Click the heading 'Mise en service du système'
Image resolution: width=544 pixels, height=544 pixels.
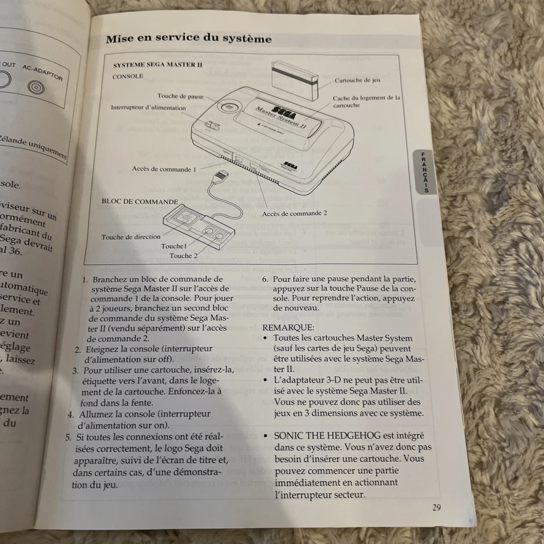click(189, 39)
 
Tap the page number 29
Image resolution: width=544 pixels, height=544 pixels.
click(436, 507)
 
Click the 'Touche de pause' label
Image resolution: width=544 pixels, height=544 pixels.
click(180, 96)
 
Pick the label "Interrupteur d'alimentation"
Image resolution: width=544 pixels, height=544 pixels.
click(148, 108)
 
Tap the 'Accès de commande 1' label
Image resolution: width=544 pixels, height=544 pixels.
click(164, 168)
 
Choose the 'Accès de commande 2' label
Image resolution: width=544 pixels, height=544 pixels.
click(295, 214)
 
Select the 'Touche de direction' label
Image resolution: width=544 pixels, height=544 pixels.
click(131, 237)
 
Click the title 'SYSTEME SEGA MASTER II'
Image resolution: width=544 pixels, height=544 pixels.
click(158, 65)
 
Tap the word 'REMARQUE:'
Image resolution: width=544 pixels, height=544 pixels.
click(288, 328)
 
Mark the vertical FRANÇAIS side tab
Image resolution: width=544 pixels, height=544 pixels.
click(425, 172)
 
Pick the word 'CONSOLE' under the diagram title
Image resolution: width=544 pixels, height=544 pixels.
click(127, 76)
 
